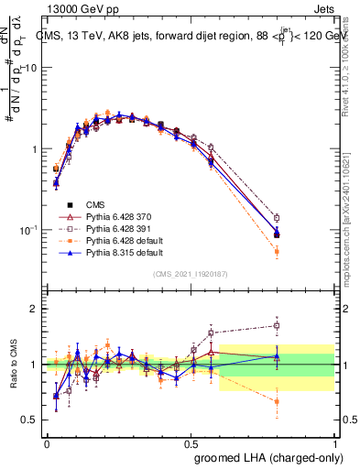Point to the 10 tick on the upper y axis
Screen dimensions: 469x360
click(33, 68)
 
